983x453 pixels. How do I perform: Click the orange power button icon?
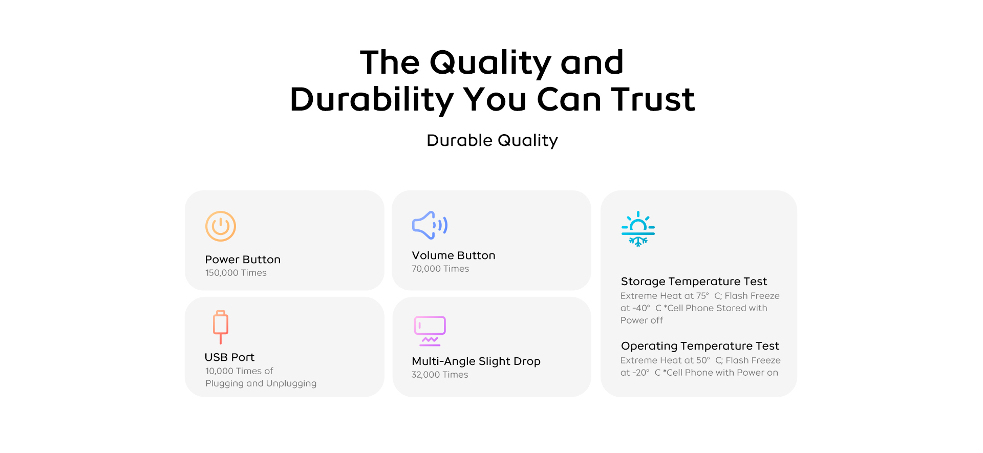(x=221, y=226)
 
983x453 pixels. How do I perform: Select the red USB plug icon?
(x=221, y=327)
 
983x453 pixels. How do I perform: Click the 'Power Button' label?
(x=243, y=260)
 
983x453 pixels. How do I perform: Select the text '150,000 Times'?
(x=236, y=273)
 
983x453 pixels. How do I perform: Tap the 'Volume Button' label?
(x=454, y=255)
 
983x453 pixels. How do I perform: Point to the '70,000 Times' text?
(x=440, y=269)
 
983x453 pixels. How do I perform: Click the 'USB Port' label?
(x=229, y=357)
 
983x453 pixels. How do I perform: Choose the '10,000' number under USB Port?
(x=219, y=371)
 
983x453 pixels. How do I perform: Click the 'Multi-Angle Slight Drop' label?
(x=476, y=361)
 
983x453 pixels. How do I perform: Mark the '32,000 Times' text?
(x=440, y=375)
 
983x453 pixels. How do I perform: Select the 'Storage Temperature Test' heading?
(x=694, y=282)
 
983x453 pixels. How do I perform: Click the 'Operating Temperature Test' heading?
(x=700, y=346)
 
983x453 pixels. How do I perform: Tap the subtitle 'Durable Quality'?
(x=492, y=140)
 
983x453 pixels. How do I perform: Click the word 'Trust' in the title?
(x=653, y=99)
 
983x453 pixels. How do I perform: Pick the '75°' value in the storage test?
(x=702, y=296)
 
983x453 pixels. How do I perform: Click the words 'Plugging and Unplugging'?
(x=261, y=383)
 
